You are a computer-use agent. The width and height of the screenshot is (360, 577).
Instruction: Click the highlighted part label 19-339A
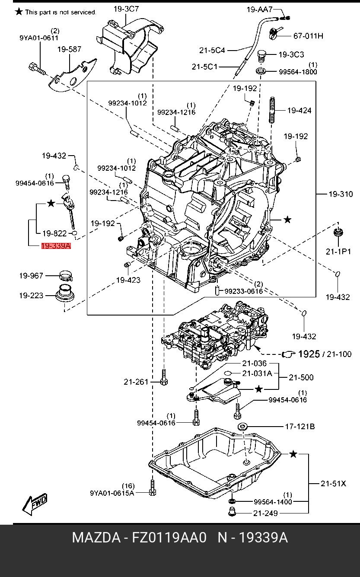pos(56,246)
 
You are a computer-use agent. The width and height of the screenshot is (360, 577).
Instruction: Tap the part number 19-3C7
pos(126,8)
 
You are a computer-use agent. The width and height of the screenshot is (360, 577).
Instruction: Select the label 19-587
pos(69,49)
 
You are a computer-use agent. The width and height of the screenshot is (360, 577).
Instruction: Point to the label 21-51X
pos(333,484)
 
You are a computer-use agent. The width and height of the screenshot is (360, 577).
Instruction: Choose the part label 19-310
pos(341,194)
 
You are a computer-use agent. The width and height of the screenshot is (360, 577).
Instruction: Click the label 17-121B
pos(299,427)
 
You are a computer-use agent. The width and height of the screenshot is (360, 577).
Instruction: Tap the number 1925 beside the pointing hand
pos(309,354)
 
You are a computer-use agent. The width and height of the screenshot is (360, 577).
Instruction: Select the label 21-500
pos(301,377)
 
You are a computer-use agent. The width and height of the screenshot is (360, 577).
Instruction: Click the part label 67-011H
pos(308,36)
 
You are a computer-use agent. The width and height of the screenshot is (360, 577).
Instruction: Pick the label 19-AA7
pos(260,9)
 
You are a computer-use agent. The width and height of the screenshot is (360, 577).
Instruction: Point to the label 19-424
pos(299,111)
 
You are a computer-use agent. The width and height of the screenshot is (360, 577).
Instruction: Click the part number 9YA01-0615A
pos(112,493)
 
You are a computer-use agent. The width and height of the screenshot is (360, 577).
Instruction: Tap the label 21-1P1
pos(338,252)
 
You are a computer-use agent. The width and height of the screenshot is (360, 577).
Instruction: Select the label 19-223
pos(31,296)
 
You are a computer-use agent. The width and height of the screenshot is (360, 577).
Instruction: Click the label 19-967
pos(31,275)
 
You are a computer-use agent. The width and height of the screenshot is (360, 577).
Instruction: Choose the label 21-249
pos(265,513)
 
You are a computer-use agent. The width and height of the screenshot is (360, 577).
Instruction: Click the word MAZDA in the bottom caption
pos(96,538)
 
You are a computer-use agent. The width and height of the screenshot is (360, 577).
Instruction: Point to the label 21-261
pos(136,382)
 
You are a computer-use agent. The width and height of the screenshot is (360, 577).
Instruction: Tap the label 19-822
pos(54,233)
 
